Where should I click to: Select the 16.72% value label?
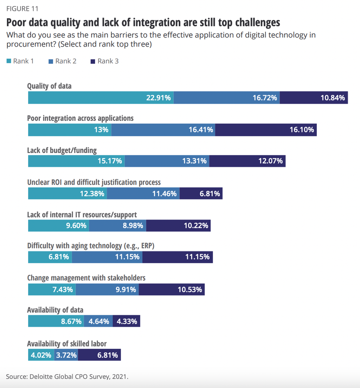point(264,98)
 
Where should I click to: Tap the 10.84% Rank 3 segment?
point(314,98)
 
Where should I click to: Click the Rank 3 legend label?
point(107,61)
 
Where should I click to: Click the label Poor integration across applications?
point(80,118)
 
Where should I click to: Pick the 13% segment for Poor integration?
point(69,130)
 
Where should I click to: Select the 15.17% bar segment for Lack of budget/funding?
point(76,162)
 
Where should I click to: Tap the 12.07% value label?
point(270,162)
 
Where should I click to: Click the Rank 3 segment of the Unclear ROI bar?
point(201,194)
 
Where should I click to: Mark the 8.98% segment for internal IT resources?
point(118,225)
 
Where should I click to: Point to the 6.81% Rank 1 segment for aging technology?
point(50,257)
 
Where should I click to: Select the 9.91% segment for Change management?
point(107,289)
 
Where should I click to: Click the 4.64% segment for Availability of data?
point(100,321)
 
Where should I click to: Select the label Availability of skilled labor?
point(67,344)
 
